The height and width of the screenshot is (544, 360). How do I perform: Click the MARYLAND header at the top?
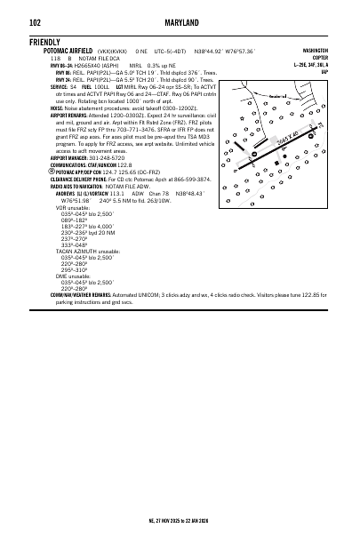click(180, 22)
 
